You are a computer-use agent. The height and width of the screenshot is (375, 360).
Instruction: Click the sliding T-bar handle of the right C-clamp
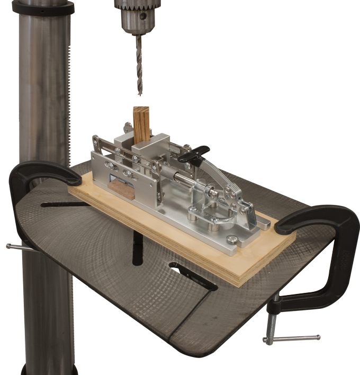pyautogui.click(x=291, y=338)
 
